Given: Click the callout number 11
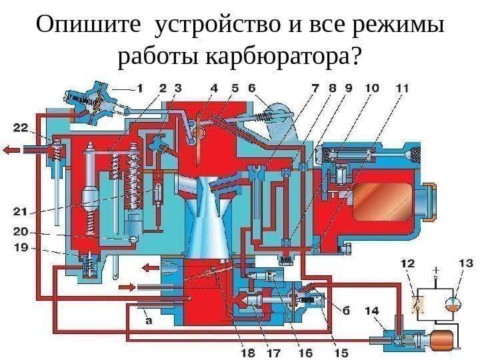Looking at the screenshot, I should [x=402, y=87].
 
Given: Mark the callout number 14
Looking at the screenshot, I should [x=372, y=311].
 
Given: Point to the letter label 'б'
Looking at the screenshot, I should [x=346, y=309].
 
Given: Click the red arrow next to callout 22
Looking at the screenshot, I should [x=11, y=151].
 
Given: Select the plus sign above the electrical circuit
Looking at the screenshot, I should [x=435, y=271].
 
